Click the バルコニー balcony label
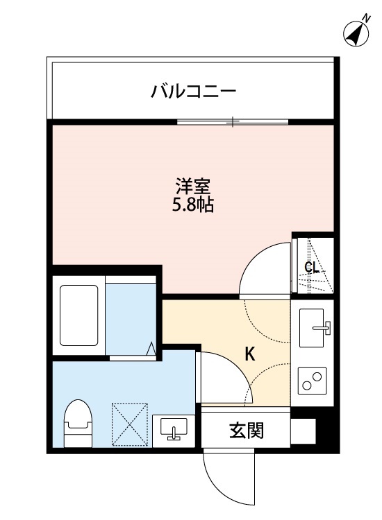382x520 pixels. (x=194, y=91)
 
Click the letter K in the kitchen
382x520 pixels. (x=249, y=354)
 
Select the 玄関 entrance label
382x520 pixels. (x=246, y=431)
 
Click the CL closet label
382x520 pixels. (x=312, y=268)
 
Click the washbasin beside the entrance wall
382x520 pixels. (x=173, y=429)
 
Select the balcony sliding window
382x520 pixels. (x=232, y=122)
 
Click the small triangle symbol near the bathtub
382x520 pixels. (x=151, y=348)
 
